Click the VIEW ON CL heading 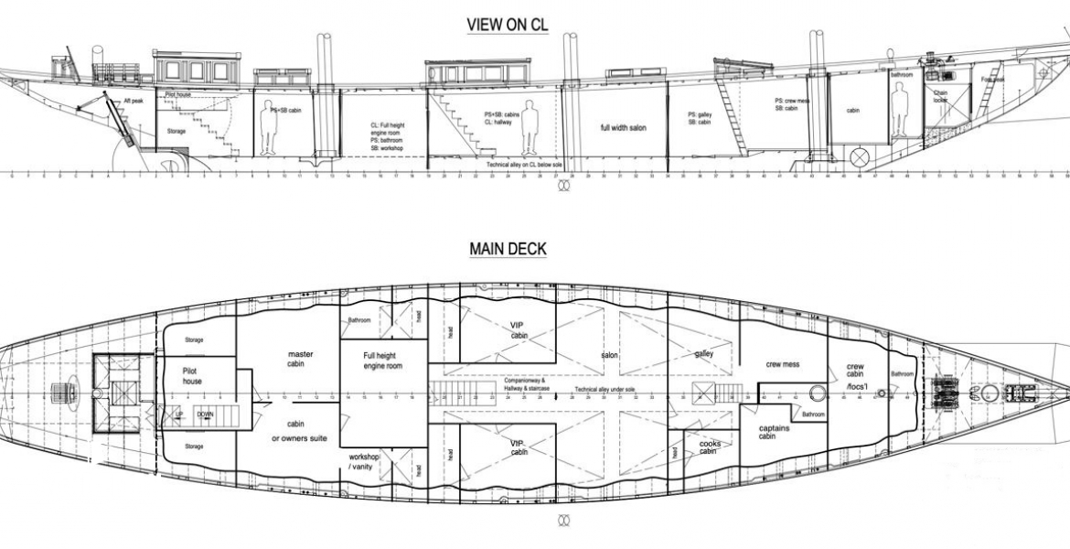(x=508, y=26)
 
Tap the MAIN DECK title (x=508, y=248)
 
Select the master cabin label (x=301, y=359)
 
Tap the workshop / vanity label (x=363, y=461)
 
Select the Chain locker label (x=941, y=95)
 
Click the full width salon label (x=623, y=128)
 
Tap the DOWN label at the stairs (x=205, y=414)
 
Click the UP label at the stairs (x=179, y=414)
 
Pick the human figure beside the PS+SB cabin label (x=268, y=129)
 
